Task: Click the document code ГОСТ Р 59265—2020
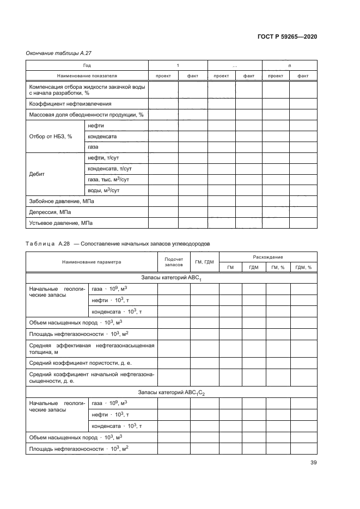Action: click(x=287, y=36)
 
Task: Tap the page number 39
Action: click(x=313, y=463)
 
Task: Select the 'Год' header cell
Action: click(x=87, y=65)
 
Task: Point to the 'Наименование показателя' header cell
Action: click(x=87, y=76)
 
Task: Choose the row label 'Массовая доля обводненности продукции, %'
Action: click(x=86, y=115)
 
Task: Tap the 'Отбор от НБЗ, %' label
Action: click(x=51, y=137)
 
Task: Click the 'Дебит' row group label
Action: click(x=37, y=174)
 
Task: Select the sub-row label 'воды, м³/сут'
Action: click(x=103, y=191)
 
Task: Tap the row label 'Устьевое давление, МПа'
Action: click(x=60, y=223)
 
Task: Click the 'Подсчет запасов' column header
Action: click(x=173, y=262)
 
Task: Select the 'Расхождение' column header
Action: click(x=268, y=257)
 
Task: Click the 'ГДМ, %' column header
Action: click(x=303, y=267)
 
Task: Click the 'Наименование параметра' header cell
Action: click(x=91, y=262)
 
